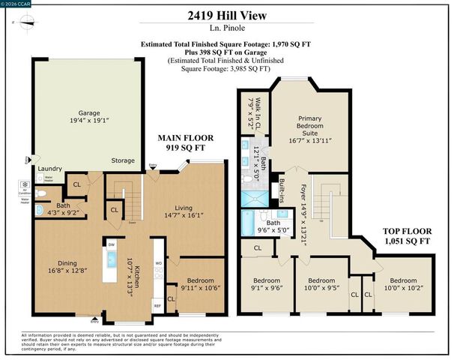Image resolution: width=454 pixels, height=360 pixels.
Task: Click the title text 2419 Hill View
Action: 227,14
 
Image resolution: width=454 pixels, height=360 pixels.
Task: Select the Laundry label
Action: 49,169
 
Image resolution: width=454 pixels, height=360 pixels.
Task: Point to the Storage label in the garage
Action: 123,160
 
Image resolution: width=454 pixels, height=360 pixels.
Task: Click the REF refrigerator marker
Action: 157,305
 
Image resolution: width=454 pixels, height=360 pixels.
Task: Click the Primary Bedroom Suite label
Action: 309,128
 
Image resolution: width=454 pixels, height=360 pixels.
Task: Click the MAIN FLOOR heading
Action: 186,138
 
